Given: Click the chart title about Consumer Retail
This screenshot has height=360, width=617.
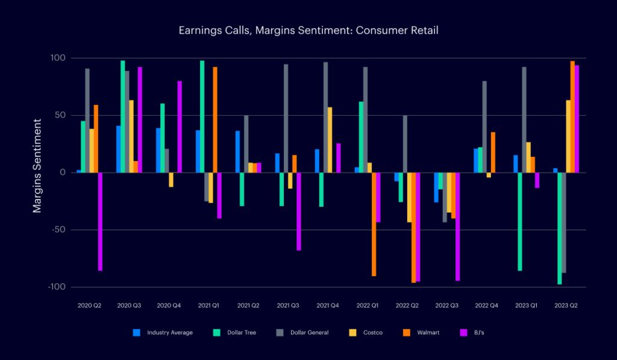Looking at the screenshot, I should point(308,30).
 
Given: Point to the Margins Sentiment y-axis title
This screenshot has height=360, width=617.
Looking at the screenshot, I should point(37,172).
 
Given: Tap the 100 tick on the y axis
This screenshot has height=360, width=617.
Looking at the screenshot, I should point(59,58).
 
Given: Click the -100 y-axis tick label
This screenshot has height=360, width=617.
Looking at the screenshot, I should point(56,287).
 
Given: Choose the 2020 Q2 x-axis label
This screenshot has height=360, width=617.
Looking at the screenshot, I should point(89,306).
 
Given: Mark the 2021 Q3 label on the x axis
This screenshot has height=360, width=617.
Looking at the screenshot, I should point(287,306).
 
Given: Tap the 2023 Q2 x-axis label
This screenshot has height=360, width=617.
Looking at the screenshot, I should point(565,306).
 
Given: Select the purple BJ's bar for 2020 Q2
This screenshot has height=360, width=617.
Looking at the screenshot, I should point(100,221).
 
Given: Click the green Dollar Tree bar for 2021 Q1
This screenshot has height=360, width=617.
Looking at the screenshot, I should point(202,116).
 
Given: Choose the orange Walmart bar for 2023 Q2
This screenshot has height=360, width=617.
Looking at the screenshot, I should point(572,116).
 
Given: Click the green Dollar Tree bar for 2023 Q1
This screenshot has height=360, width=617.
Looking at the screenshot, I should point(519,221).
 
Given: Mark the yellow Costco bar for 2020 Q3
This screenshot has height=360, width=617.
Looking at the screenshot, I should point(131,136).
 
